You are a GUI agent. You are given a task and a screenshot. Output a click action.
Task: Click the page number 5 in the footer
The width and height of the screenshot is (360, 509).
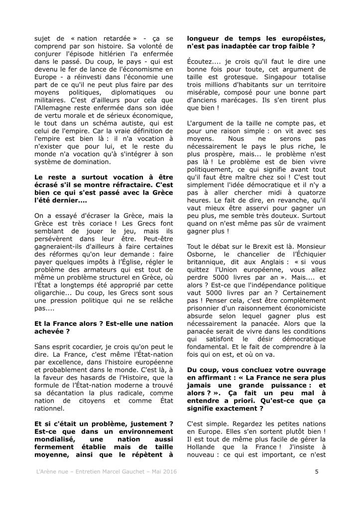pyautogui.click(x=317, y=471)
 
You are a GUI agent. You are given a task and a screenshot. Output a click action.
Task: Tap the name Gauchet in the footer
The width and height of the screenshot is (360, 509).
pyautogui.click(x=122, y=471)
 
